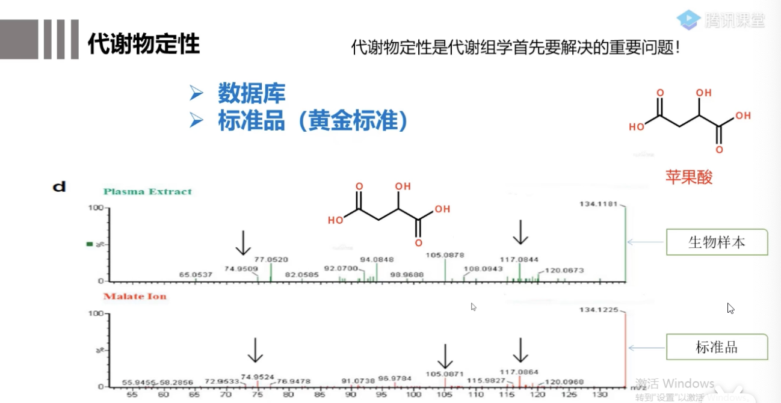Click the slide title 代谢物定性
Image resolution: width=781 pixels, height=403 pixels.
(x=144, y=44)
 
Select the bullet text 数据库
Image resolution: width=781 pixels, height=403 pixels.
(x=252, y=94)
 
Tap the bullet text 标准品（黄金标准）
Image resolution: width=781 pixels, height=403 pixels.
(x=312, y=122)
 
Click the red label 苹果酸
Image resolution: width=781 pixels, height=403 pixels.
(x=689, y=177)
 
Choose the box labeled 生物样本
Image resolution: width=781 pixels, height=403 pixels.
(x=717, y=242)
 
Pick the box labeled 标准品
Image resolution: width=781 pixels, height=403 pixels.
(x=717, y=347)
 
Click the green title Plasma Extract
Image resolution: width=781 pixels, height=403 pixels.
(x=147, y=192)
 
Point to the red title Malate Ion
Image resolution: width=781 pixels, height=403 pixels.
(x=135, y=297)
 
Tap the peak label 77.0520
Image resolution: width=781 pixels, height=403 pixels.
(x=271, y=259)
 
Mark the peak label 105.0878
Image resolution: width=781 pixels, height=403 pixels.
(x=445, y=255)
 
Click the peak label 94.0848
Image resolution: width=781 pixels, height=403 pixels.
(x=377, y=259)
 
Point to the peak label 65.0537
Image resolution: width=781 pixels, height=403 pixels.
(x=196, y=275)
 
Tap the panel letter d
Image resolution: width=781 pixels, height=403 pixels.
(x=59, y=187)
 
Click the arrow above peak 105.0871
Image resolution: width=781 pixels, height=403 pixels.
(x=445, y=355)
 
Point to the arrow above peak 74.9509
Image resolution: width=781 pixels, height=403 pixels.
(x=243, y=242)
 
